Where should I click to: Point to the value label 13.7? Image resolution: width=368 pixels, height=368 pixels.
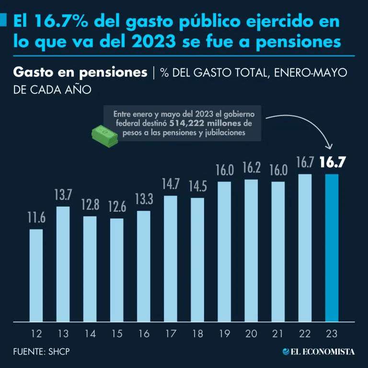(x=63, y=195)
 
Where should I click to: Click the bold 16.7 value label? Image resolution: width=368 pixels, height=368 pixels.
(x=333, y=163)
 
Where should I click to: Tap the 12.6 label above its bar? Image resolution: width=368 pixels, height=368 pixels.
(x=116, y=207)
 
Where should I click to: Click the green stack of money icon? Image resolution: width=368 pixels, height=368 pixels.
(x=104, y=136)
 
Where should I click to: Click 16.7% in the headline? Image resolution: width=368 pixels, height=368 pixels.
(x=59, y=21)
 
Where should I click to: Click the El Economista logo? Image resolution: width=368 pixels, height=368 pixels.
(x=318, y=352)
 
